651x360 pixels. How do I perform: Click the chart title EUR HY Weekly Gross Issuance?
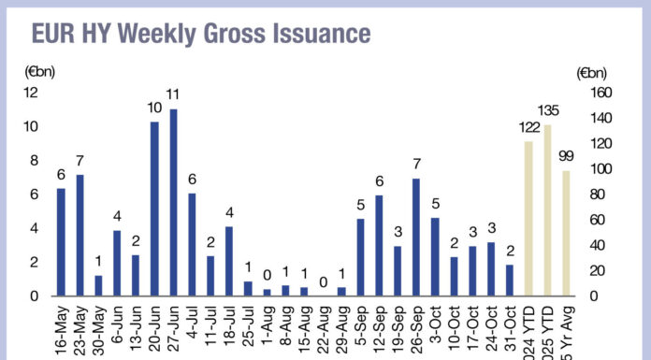[201, 35]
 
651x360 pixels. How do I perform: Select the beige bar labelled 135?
[546, 210]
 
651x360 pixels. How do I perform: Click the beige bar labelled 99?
[565, 233]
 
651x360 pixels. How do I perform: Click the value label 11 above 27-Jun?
[173, 95]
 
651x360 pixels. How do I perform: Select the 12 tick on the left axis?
[31, 93]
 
